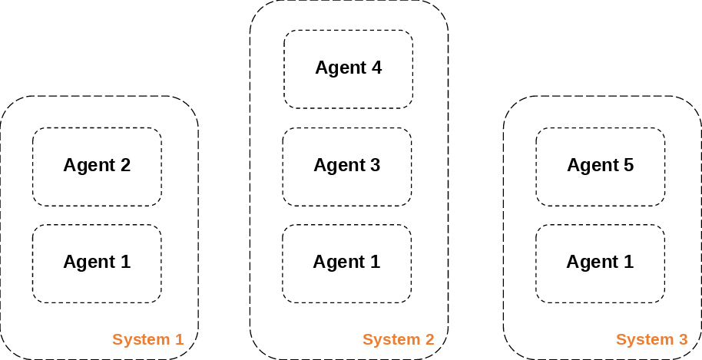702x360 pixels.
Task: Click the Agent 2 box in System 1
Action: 97,167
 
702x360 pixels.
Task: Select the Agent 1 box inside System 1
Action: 97,263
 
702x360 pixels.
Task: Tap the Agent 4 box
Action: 348,69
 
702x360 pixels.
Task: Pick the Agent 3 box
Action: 347,167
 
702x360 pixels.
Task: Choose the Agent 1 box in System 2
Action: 347,263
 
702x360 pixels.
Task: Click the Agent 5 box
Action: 601,167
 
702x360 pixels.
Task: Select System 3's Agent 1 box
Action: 601,263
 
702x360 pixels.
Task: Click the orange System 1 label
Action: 148,339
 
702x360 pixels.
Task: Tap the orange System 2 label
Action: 399,339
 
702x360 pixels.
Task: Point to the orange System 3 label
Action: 652,339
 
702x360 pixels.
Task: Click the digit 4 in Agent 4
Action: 376,68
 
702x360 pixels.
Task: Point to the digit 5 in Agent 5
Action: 629,165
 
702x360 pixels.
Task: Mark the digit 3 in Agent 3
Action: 375,165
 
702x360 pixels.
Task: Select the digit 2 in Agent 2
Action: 125,165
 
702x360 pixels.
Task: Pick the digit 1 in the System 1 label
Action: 180,339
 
